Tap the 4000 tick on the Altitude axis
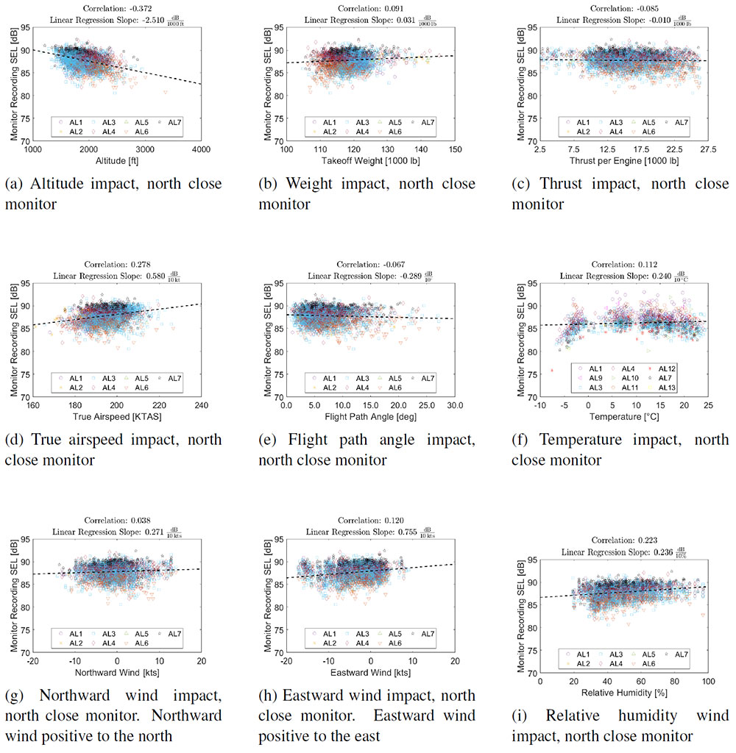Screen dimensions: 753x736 pos(200,149)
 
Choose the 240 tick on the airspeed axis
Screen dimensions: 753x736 pos(200,405)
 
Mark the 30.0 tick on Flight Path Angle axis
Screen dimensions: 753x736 pos(454,405)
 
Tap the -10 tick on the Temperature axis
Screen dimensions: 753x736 pos(539,405)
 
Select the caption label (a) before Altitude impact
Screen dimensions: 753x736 pos(14,184)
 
